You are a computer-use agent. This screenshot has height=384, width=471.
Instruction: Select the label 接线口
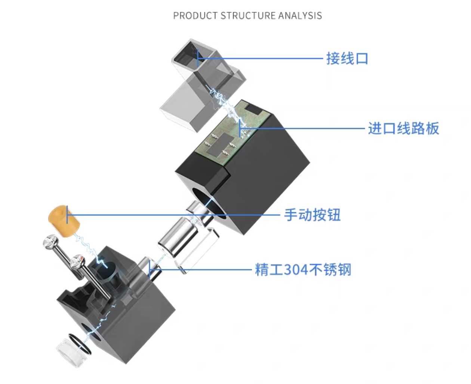point(347,59)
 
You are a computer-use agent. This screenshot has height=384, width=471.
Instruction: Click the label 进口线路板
point(403,128)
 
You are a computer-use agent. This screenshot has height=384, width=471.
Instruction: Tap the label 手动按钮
point(312,215)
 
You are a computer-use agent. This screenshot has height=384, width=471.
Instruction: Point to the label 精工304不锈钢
point(303,269)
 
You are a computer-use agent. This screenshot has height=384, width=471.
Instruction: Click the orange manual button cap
point(64,221)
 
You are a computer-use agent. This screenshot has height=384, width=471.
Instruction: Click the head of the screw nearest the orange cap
point(50,242)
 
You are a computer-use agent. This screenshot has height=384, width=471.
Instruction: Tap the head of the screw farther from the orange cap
point(78,261)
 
